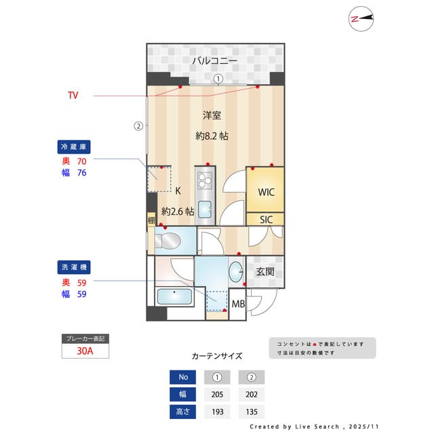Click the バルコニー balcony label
[x=214, y=61]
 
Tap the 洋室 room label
[x=212, y=115]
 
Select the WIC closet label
[x=266, y=192]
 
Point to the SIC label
[x=266, y=220]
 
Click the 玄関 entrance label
[x=265, y=272]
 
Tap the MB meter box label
[x=239, y=304]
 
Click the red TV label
[x=73, y=96]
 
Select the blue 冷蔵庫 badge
[x=74, y=146]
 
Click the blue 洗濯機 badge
[x=74, y=267]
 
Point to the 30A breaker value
[x=85, y=351]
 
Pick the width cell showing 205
[x=217, y=395]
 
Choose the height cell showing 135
[x=251, y=412]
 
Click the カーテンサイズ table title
[x=217, y=355]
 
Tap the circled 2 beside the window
[x=138, y=125]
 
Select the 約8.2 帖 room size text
[x=212, y=136]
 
